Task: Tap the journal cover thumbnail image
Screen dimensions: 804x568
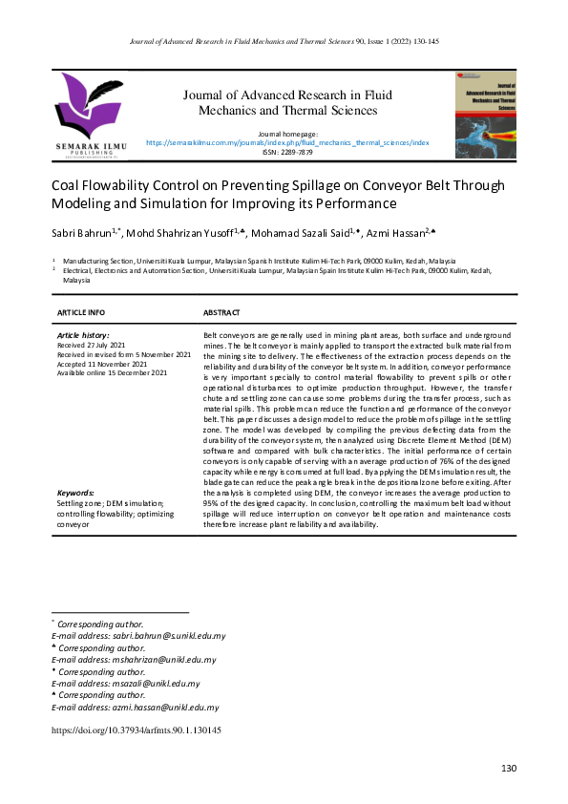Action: point(485,114)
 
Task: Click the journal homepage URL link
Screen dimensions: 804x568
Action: point(287,141)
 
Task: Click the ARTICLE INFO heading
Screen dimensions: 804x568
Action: point(81,312)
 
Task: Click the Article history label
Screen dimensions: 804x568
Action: point(83,336)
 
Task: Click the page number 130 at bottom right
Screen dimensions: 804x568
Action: point(508,770)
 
